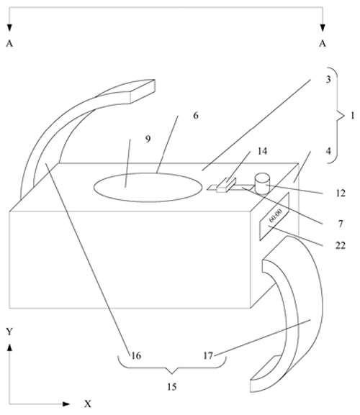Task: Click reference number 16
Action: pyautogui.click(x=136, y=356)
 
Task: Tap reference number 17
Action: pyautogui.click(x=208, y=356)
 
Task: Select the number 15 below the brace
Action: pyautogui.click(x=172, y=387)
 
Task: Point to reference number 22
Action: pyautogui.click(x=341, y=246)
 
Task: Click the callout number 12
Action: pyautogui.click(x=341, y=193)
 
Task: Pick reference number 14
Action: pyautogui.click(x=262, y=151)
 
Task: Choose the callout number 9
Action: pyautogui.click(x=148, y=139)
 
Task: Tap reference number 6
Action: pyautogui.click(x=196, y=116)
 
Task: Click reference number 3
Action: pyautogui.click(x=328, y=79)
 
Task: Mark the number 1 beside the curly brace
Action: pyautogui.click(x=352, y=116)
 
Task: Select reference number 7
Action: pyautogui.click(x=341, y=224)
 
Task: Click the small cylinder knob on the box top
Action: pyautogui.click(x=262, y=184)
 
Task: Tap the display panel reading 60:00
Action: pyautogui.click(x=274, y=216)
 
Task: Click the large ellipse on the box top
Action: pyautogui.click(x=147, y=188)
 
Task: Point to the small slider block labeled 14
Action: pyautogui.click(x=226, y=185)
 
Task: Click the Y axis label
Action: pyautogui.click(x=9, y=332)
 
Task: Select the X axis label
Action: pyautogui.click(x=88, y=404)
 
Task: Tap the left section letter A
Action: pyautogui.click(x=9, y=43)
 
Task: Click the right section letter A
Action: pyautogui.click(x=323, y=43)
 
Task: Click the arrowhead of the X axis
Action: pyautogui.click(x=66, y=404)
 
